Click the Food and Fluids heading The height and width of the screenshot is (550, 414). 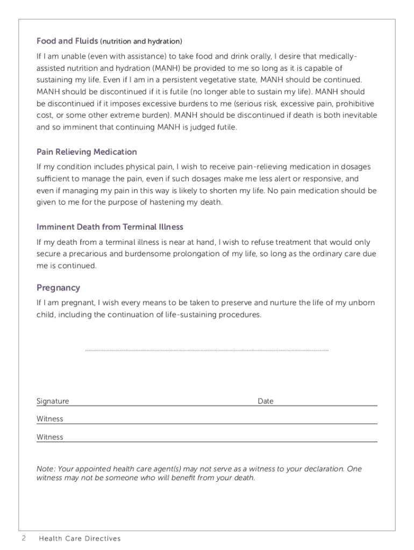point(67,41)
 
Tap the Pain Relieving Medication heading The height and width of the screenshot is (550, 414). point(87,152)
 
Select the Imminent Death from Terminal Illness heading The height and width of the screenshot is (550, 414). point(110,227)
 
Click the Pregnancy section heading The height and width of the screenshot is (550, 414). point(58,288)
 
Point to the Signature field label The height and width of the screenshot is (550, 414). point(53,401)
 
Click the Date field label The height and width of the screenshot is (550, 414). point(266,401)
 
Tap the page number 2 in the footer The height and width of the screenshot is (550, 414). point(24,538)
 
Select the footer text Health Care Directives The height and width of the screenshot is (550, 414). point(80,538)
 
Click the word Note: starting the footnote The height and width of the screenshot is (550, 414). point(46,469)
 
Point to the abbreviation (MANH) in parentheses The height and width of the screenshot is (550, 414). point(168,68)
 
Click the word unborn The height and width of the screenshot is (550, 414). point(363,303)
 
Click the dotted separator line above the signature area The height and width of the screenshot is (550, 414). point(206,350)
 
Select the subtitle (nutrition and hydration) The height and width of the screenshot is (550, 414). point(141,41)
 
